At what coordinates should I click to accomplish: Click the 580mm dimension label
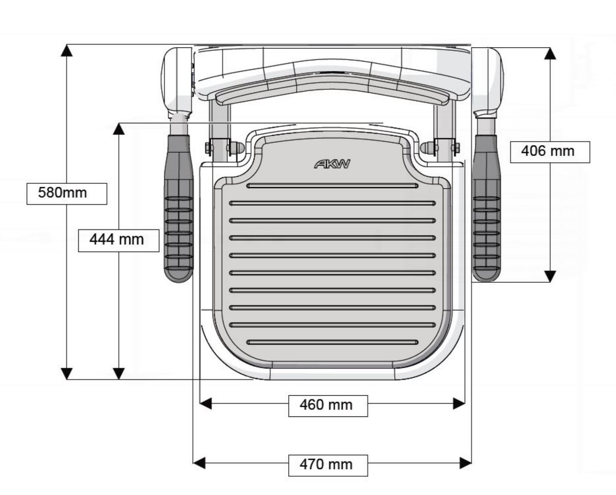[x=66, y=193]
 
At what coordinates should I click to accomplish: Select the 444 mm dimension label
[x=118, y=240]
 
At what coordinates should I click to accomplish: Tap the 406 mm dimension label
[x=550, y=152]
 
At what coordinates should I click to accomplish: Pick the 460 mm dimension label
[x=328, y=405]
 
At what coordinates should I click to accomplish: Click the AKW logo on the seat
[x=332, y=164]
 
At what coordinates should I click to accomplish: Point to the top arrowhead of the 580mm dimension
[x=66, y=50]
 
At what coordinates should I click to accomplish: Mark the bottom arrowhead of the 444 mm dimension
[x=118, y=374]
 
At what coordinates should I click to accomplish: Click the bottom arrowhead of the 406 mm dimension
[x=550, y=276]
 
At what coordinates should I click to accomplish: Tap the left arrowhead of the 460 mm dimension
[x=206, y=404]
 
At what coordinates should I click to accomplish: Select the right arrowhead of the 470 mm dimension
[x=465, y=463]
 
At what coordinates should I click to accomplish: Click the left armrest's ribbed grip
[x=179, y=234]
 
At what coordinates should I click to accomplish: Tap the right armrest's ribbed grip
[x=486, y=234]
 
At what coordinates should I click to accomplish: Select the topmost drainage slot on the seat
[x=332, y=186]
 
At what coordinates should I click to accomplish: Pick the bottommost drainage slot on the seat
[x=332, y=342]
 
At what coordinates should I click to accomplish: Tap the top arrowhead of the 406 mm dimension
[x=550, y=53]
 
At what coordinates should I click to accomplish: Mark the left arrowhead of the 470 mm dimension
[x=199, y=463]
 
